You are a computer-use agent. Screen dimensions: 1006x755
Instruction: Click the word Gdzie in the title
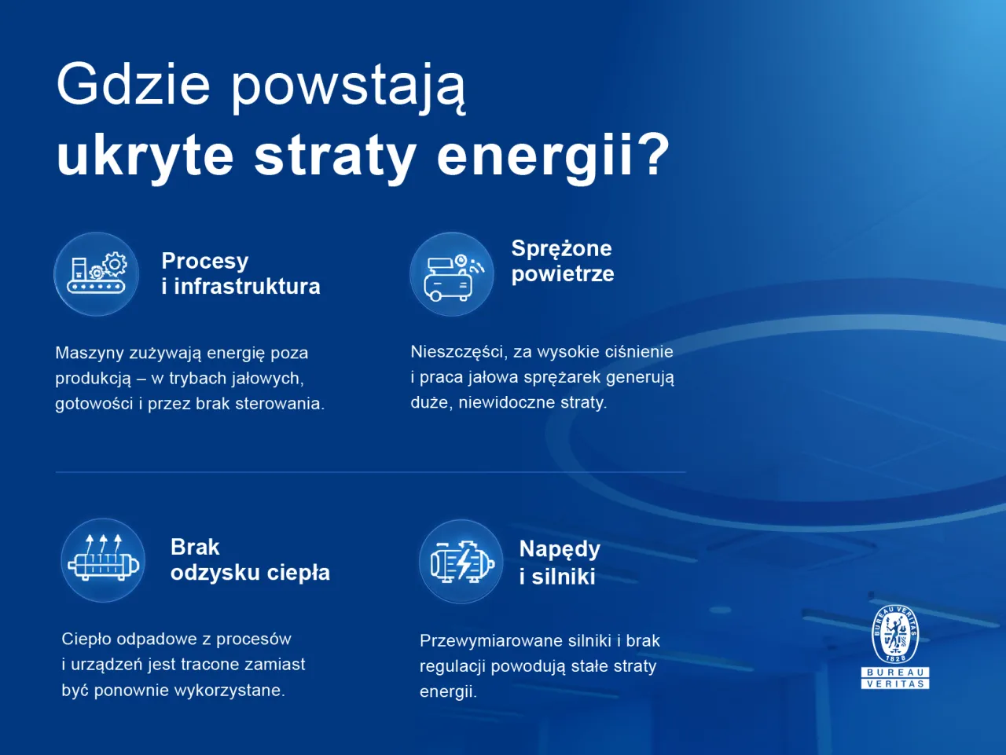click(134, 85)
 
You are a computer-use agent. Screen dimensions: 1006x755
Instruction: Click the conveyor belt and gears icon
click(97, 274)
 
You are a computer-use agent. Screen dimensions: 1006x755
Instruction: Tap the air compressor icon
click(452, 277)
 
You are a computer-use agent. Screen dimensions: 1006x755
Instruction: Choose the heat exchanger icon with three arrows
click(103, 558)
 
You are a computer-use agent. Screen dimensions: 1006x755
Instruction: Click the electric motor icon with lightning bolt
click(462, 562)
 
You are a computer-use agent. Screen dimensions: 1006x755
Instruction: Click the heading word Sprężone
click(561, 249)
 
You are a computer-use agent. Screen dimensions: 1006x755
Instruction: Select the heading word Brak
click(195, 547)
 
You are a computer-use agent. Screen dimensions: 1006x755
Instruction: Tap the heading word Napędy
click(560, 550)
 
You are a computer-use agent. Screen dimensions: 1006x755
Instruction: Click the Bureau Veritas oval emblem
click(895, 634)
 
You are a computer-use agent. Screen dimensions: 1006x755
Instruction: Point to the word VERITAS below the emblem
click(895, 684)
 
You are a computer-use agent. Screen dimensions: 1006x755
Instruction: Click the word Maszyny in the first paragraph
click(90, 354)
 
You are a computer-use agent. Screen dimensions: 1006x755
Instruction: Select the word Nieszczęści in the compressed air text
click(458, 352)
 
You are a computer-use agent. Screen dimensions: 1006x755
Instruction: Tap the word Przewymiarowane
click(491, 641)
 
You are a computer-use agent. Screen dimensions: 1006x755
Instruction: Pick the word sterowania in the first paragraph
click(280, 404)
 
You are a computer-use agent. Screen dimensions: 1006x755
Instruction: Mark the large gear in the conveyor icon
click(115, 264)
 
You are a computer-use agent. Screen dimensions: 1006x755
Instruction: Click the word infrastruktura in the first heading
click(247, 287)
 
